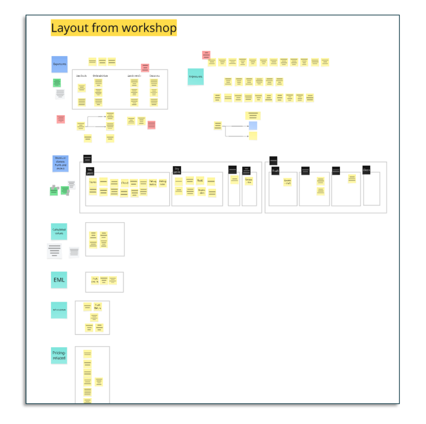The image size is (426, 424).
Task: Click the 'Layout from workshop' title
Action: tap(113, 28)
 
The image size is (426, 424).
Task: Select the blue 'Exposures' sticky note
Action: tap(59, 64)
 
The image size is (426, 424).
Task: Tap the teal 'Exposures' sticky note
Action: tap(195, 77)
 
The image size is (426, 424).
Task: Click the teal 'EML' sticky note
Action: tap(59, 280)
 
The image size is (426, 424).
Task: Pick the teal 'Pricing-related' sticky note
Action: tap(59, 355)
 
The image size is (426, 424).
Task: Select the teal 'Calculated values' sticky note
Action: tap(59, 231)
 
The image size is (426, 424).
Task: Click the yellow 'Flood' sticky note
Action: tap(125, 183)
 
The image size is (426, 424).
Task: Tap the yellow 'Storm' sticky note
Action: tap(93, 182)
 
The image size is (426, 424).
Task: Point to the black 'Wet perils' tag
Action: tap(90, 171)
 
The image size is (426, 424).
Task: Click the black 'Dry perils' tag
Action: tap(177, 170)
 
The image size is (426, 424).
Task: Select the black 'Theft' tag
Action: tap(275, 171)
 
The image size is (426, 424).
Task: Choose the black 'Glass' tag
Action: tap(366, 170)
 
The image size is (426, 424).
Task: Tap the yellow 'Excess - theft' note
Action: tap(287, 182)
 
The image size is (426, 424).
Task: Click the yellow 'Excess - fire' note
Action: tap(249, 181)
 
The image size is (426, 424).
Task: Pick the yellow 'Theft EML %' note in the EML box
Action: tap(95, 280)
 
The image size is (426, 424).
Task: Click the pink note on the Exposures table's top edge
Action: tap(145, 68)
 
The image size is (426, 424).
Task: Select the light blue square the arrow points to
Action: tap(253, 126)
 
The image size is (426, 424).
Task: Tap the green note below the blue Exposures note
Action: tap(57, 82)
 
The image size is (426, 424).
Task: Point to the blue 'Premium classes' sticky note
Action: tap(60, 163)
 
